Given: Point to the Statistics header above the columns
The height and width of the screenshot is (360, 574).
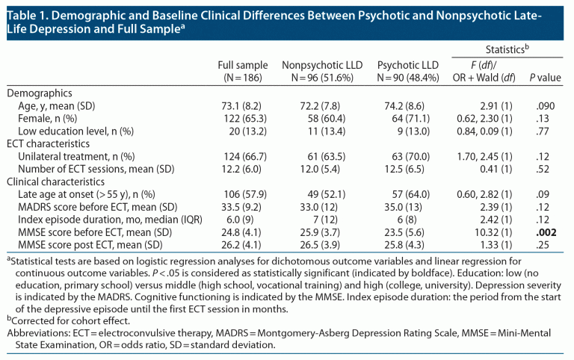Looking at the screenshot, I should [506, 49].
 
